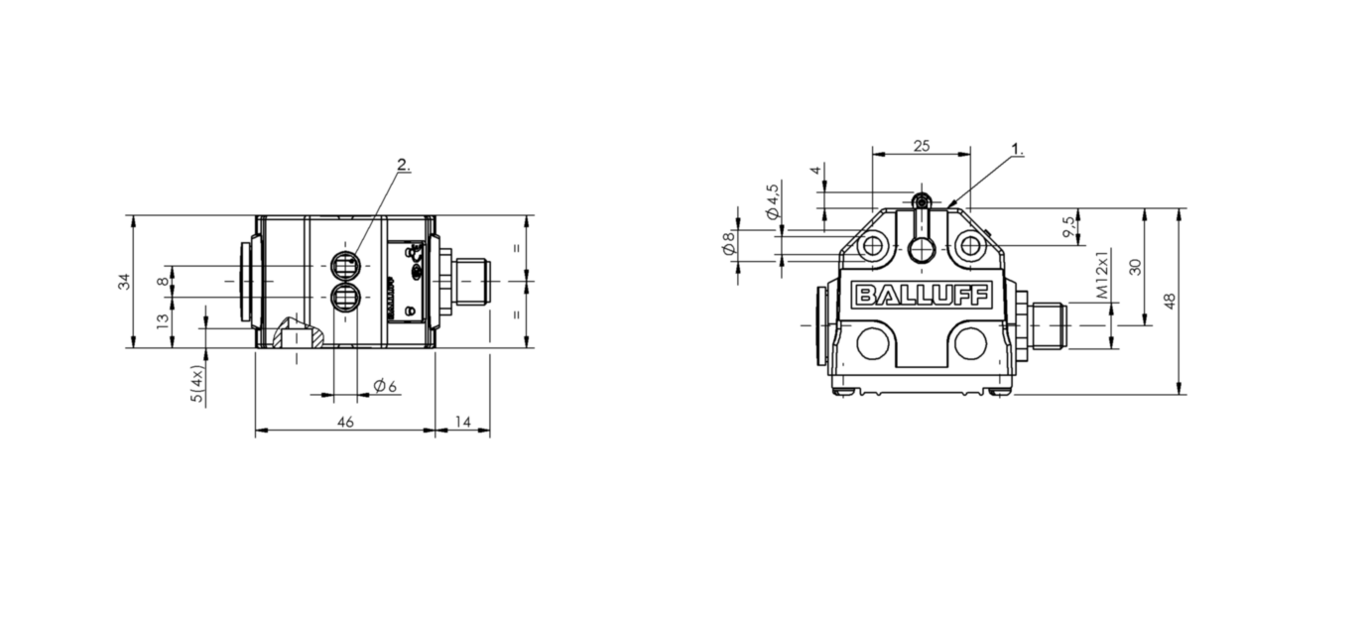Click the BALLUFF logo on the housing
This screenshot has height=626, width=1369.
(x=923, y=296)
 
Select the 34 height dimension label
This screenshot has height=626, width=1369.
(x=124, y=282)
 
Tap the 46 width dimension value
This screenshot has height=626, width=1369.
(x=345, y=422)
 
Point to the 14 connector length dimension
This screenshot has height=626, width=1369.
(x=463, y=422)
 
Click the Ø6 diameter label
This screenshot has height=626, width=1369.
(x=385, y=386)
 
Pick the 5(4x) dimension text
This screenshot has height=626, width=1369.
(x=196, y=384)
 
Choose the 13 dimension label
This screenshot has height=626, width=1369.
(x=163, y=321)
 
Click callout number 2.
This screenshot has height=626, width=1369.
(x=404, y=165)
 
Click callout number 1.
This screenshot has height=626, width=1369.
(x=1017, y=149)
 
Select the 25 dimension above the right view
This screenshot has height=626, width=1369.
(x=921, y=146)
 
